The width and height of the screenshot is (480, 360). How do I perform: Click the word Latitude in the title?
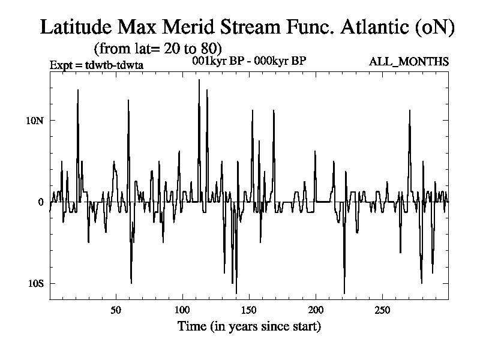coord(77,27)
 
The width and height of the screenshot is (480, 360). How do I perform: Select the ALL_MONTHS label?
coord(409,62)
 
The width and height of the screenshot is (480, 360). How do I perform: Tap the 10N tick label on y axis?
coord(35,120)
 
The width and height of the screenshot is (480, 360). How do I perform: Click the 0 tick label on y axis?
coord(41,202)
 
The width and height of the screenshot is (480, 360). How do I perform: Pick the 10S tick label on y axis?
coord(35,283)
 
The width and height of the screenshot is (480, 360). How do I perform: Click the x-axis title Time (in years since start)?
coord(249,327)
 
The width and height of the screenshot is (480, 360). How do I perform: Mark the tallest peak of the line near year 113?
coord(199,80)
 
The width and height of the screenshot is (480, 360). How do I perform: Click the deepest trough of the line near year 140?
coord(236,293)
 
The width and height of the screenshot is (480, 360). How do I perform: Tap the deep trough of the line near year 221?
coord(344,293)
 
